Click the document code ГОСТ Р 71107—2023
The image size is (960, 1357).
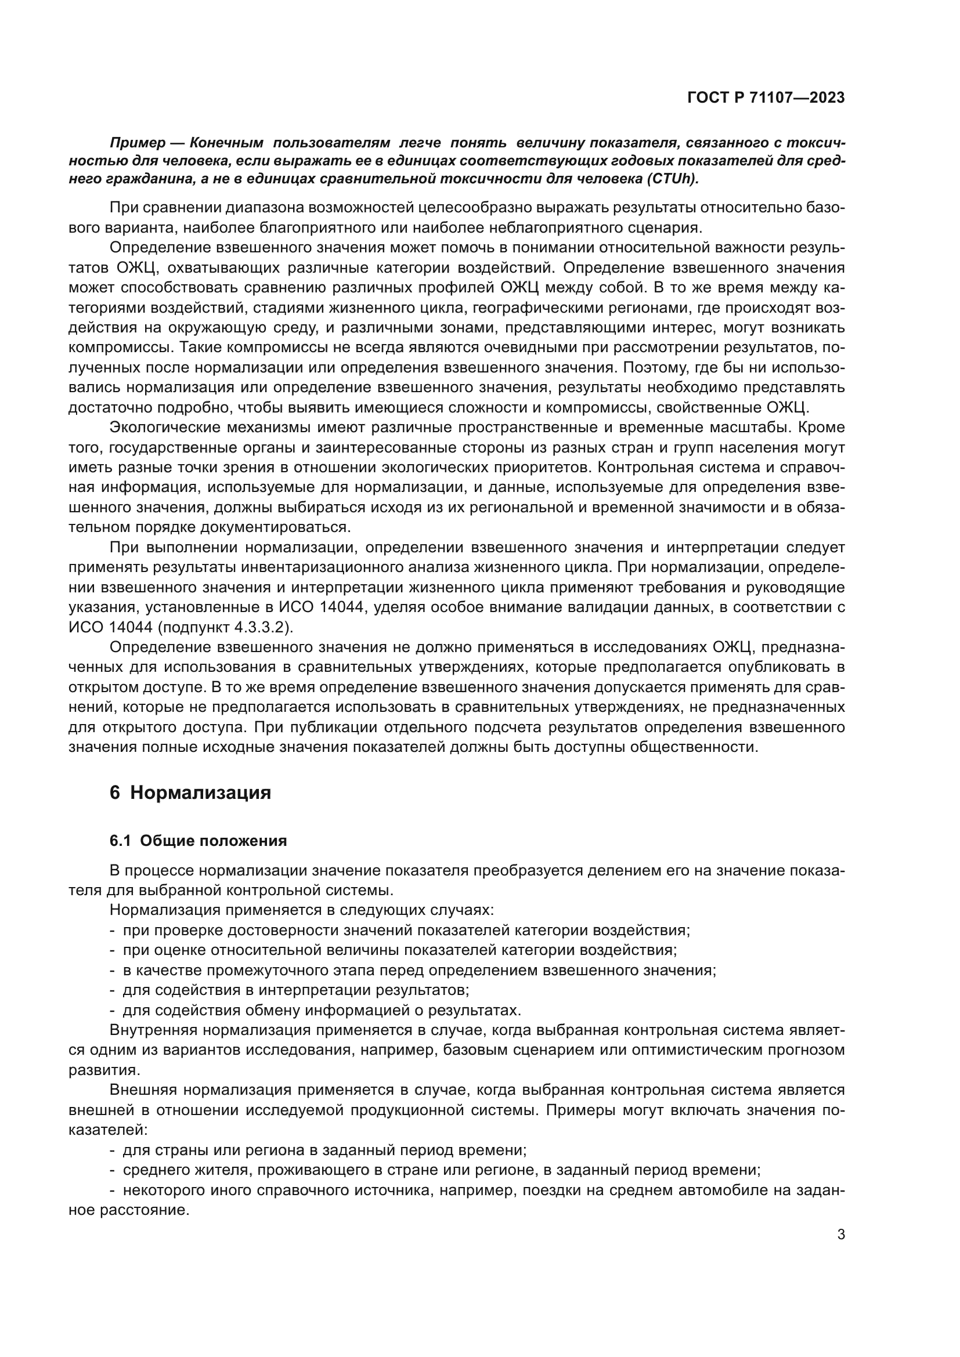[766, 98]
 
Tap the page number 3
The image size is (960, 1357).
[840, 1234]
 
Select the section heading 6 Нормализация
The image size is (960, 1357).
[190, 793]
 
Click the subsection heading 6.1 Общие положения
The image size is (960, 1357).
[199, 841]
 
